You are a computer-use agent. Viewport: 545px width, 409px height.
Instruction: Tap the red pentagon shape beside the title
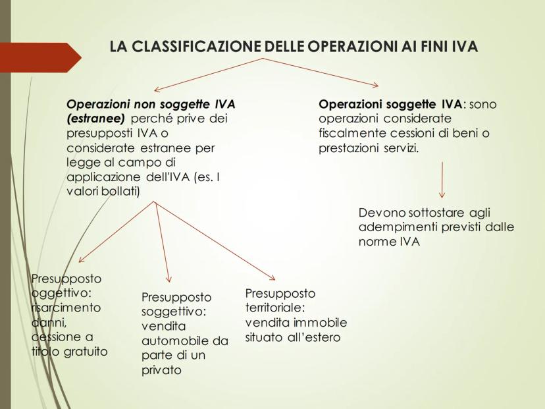pyautogui.click(x=41, y=57)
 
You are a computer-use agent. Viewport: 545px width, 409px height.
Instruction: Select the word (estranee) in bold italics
pyautogui.click(x=95, y=119)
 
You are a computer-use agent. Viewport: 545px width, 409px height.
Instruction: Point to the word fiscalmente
pyautogui.click(x=352, y=133)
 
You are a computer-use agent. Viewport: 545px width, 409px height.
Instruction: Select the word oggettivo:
pyautogui.click(x=61, y=294)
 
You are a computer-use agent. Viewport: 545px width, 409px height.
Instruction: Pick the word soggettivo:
pyautogui.click(x=174, y=312)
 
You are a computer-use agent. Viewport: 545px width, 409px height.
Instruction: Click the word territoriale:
pyautogui.click(x=275, y=308)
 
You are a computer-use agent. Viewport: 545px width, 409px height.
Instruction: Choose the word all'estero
pyautogui.click(x=314, y=337)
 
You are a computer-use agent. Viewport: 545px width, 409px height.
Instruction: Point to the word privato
pyautogui.click(x=161, y=370)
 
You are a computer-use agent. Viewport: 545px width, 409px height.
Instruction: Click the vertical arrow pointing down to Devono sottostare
pyautogui.click(x=442, y=180)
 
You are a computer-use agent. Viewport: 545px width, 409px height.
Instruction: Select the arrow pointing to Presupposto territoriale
pyautogui.click(x=215, y=240)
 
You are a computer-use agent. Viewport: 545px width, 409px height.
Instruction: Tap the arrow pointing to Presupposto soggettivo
pyautogui.click(x=162, y=242)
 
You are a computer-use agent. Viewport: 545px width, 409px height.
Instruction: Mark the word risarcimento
pyautogui.click(x=66, y=308)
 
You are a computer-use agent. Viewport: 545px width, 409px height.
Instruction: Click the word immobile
pyautogui.click(x=321, y=323)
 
